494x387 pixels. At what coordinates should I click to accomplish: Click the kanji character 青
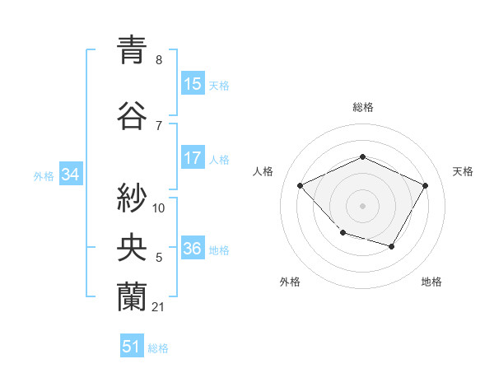[x=133, y=51]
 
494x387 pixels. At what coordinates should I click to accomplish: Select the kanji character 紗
[x=133, y=198]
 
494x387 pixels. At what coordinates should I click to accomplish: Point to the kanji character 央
[x=133, y=247]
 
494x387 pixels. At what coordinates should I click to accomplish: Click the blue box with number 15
[x=193, y=84]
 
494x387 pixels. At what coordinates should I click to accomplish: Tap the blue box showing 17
[x=193, y=159]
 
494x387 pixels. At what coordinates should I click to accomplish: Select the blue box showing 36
[x=193, y=249]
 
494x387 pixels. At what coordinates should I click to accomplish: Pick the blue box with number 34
[x=70, y=175]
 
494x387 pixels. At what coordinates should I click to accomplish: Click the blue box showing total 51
[x=132, y=347]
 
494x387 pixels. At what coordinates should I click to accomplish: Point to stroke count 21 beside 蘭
[x=159, y=307]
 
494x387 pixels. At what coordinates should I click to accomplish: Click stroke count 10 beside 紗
[x=159, y=208]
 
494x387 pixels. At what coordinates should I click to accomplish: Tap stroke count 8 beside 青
[x=159, y=60]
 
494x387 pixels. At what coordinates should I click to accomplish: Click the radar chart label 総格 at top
[x=362, y=107]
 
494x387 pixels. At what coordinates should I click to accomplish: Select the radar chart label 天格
[x=463, y=171]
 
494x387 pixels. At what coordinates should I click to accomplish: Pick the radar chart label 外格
[x=290, y=282]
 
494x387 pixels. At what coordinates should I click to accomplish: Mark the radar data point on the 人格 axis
[x=301, y=185]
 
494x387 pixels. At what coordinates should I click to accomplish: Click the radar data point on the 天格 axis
[x=425, y=185]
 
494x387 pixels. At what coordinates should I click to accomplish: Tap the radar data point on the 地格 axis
[x=392, y=246]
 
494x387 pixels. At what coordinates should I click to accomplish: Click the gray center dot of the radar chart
[x=362, y=205]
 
